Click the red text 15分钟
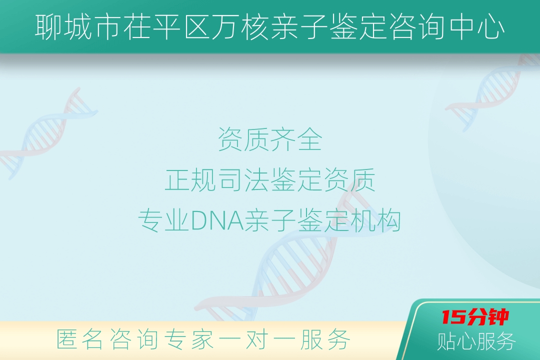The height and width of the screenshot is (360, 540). click(475, 317)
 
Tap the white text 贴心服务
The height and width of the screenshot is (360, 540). click(476, 341)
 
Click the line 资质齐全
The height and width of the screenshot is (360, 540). click(270, 139)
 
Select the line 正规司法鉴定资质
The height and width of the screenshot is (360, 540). click(270, 180)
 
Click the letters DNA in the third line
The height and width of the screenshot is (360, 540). click(217, 220)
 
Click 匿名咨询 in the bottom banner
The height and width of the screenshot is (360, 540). click(107, 339)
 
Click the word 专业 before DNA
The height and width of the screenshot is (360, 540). click(164, 220)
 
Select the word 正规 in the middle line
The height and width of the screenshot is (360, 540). click(190, 180)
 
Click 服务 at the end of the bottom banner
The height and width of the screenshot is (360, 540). click(325, 339)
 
